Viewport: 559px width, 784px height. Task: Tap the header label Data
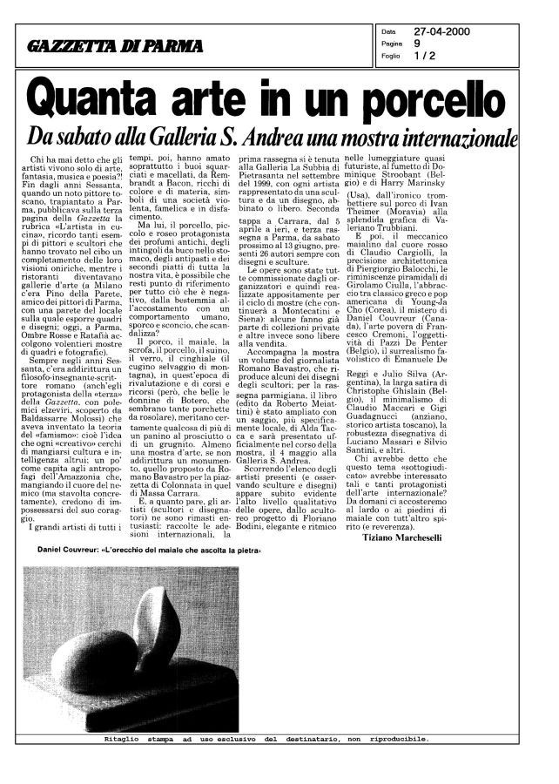click(388, 32)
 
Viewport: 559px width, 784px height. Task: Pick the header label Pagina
click(392, 44)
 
